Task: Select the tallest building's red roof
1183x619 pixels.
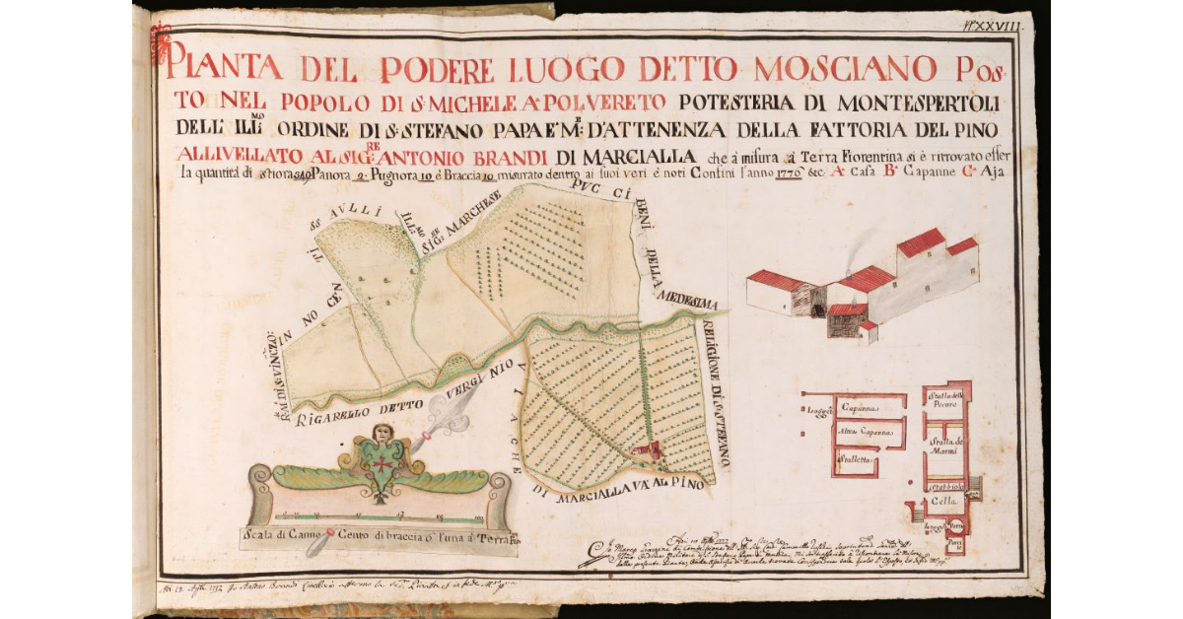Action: pos(922,240)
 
